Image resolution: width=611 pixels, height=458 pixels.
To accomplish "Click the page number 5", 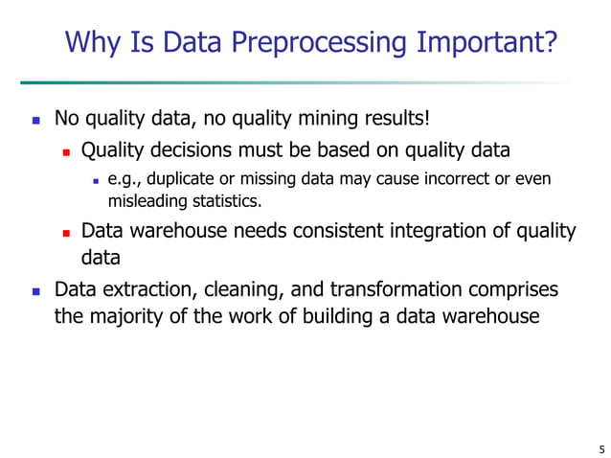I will click(600, 447).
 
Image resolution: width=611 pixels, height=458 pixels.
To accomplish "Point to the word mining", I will click(321, 120).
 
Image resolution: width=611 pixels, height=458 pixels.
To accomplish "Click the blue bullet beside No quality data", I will click(34, 122).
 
